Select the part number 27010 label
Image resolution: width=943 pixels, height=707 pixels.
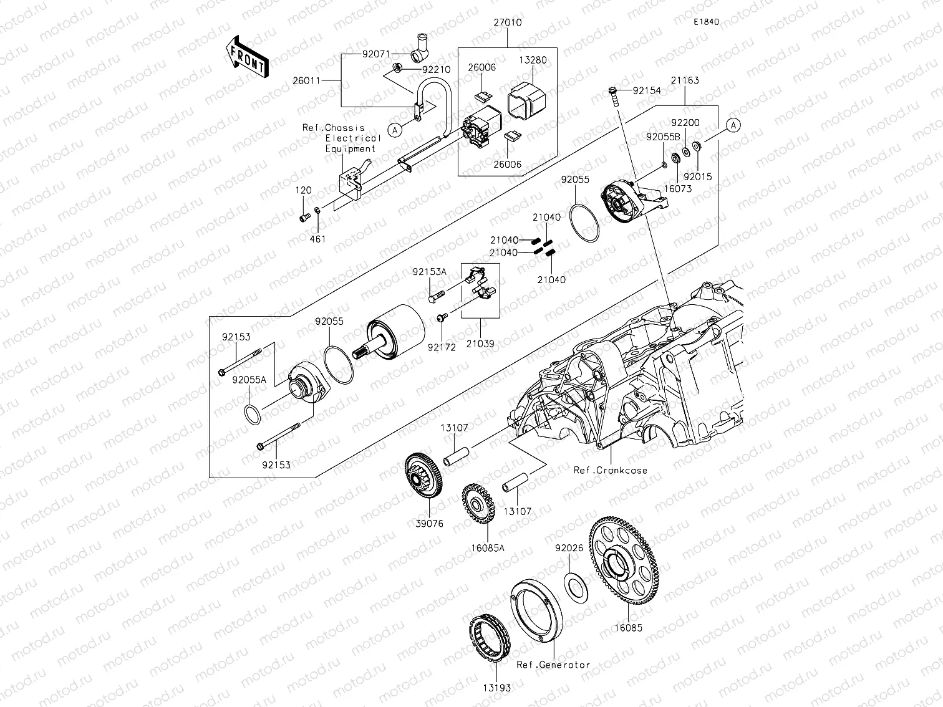(507, 22)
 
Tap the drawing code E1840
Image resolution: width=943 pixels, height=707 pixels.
(706, 22)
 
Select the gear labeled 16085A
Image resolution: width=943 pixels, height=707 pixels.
(478, 504)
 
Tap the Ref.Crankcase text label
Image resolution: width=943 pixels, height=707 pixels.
(611, 471)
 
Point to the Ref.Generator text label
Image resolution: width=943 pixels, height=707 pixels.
(553, 665)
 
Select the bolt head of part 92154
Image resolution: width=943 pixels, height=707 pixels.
(613, 92)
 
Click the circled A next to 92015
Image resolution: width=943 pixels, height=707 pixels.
(734, 125)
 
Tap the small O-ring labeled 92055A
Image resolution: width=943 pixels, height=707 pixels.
(251, 414)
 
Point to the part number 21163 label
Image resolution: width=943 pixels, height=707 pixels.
(685, 80)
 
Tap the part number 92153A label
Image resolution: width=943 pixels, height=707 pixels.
(429, 272)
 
